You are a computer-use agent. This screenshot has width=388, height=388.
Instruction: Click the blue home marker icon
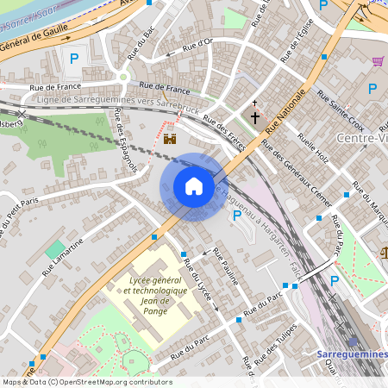click(194, 186)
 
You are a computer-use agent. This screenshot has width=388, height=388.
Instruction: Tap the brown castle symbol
click(170, 138)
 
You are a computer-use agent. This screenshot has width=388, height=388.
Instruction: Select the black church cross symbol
click(255, 116)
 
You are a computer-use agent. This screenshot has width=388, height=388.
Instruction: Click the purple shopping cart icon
click(378, 61)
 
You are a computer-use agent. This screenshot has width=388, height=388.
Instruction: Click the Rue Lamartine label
click(66, 254)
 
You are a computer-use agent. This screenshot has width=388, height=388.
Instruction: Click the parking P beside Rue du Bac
click(74, 59)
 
